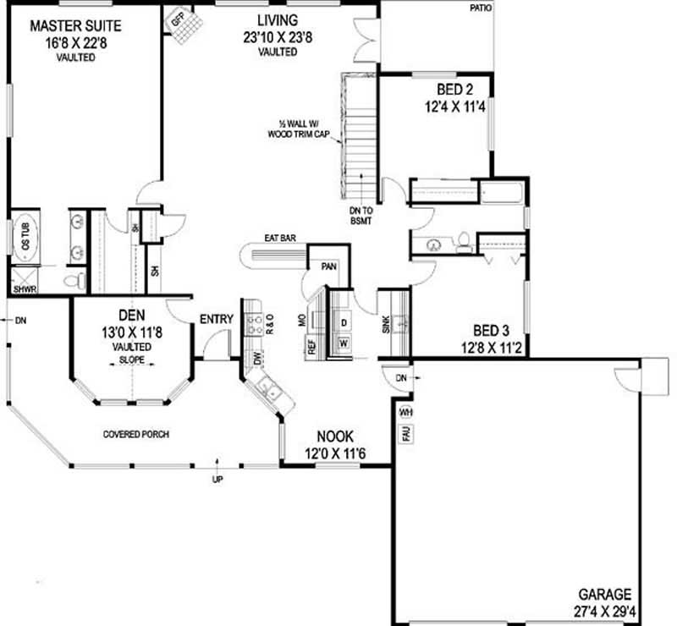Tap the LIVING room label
[x=277, y=19]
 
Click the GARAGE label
[x=605, y=594]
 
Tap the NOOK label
[x=335, y=437]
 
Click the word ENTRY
[x=216, y=319]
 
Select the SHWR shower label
[x=23, y=288]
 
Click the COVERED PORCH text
[x=136, y=435]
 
